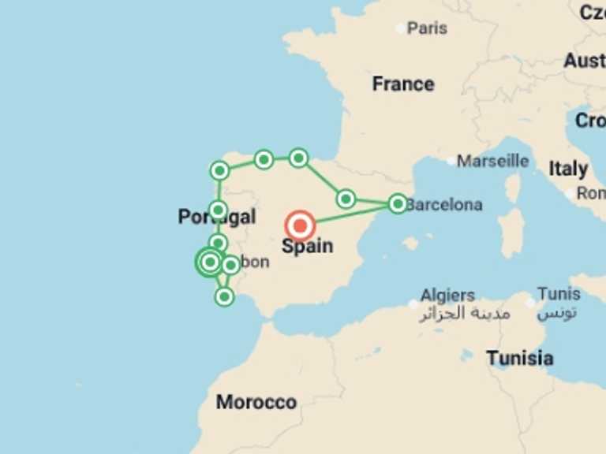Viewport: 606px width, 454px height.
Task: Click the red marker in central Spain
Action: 300,226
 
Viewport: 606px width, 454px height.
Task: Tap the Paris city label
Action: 427,28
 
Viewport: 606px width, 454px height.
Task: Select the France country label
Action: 403,84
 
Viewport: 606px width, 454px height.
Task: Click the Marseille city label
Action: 493,161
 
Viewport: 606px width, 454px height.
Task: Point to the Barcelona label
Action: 444,204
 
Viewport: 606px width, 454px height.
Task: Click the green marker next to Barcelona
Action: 398,203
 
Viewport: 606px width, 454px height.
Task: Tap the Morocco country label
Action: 256,402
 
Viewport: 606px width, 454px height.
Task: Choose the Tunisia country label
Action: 519,358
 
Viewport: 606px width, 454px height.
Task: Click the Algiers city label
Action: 447,296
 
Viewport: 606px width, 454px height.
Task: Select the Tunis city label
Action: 559,294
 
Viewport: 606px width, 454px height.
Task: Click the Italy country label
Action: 568,169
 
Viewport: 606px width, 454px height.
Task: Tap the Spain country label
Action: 307,246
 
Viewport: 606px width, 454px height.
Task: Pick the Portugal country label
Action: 217,217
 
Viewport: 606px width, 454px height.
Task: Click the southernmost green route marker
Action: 225,297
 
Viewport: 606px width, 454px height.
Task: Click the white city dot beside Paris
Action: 399,28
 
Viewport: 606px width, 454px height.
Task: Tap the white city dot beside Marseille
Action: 451,161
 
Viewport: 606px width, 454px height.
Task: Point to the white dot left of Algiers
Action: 413,303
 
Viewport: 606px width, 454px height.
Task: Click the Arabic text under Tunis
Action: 557,313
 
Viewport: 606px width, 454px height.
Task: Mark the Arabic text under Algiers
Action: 464,314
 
